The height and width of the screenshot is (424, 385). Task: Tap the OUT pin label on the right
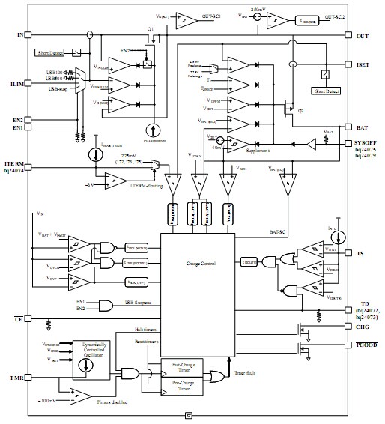362,35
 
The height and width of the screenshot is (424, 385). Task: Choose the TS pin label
360,254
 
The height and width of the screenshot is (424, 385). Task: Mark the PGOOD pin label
366,345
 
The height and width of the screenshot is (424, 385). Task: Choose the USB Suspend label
142,303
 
